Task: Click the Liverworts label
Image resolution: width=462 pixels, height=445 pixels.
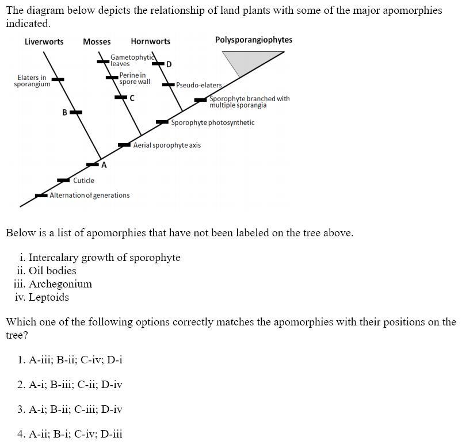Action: [x=44, y=41]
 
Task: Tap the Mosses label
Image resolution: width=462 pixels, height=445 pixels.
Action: [x=97, y=41]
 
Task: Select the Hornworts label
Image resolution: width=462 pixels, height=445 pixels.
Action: [x=150, y=41]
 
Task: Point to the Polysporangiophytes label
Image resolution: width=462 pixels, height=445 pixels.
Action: [x=254, y=40]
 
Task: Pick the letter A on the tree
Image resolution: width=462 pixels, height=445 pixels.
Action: [x=104, y=165]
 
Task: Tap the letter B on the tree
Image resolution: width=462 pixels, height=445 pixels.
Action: [x=65, y=113]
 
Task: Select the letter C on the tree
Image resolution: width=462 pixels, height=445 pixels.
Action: [x=132, y=98]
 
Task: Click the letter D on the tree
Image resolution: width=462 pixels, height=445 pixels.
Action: [x=169, y=64]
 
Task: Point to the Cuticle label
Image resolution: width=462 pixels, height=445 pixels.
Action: [x=83, y=181]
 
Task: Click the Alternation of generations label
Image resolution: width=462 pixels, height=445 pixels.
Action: [x=90, y=195]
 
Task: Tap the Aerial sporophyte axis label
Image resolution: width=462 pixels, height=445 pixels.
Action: [x=167, y=145]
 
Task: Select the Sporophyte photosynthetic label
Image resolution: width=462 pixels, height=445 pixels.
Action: [x=212, y=122]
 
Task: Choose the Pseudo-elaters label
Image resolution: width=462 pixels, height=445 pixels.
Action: [x=198, y=86]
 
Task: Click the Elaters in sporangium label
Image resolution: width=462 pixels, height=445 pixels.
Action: [x=32, y=81]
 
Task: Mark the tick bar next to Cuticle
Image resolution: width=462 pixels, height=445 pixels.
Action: [x=63, y=181]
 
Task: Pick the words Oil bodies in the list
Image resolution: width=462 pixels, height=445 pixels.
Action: [x=52, y=271]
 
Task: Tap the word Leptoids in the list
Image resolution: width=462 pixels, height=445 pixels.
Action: [x=49, y=297]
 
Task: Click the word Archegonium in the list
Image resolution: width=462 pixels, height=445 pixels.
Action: [x=60, y=284]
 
